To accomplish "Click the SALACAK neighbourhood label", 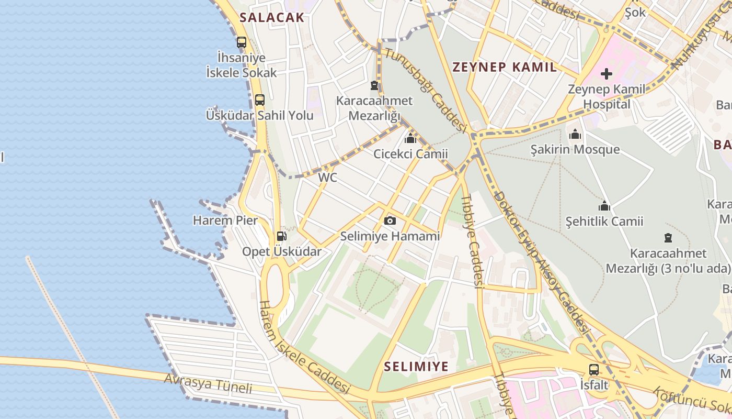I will (271, 17).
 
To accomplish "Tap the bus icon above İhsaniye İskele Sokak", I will (242, 42).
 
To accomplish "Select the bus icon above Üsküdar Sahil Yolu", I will (260, 100).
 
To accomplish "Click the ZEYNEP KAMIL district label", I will (505, 67).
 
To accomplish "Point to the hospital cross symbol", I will (607, 74).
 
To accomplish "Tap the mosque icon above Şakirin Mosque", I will (575, 135).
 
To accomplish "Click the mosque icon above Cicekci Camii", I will (410, 139).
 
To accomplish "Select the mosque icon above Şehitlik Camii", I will (604, 206).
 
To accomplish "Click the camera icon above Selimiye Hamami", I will (390, 221).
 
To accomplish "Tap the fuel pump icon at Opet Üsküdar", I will (281, 236).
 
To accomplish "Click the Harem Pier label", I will (225, 220).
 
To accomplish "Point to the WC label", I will (328, 178).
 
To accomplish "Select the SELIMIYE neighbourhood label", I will (416, 366).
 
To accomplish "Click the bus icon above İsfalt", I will (594, 369).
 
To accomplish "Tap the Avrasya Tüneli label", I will (209, 383).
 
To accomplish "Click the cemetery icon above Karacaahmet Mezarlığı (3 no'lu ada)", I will (668, 238).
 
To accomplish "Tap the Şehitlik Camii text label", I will (604, 222).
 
